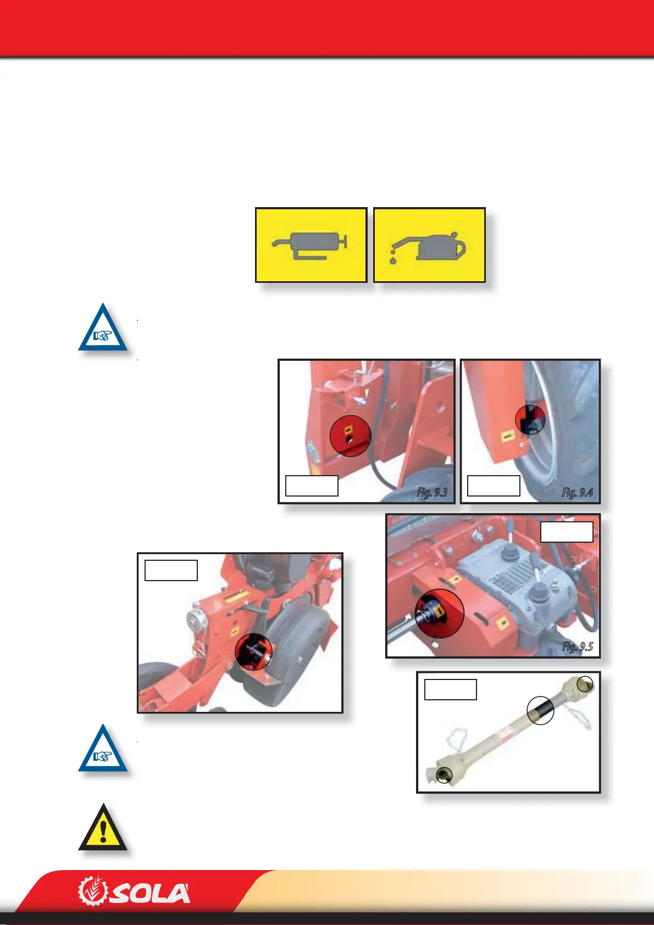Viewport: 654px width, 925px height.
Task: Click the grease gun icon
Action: (x=311, y=245)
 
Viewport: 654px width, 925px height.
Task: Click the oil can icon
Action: (x=429, y=245)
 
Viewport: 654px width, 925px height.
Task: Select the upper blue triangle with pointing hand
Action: (x=103, y=328)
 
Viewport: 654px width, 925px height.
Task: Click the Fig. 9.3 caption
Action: (x=432, y=492)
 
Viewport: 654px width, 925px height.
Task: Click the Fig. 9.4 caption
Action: (x=577, y=492)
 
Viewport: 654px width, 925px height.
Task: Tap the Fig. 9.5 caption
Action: (x=577, y=647)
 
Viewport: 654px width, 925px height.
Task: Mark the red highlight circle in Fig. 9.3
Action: (x=351, y=436)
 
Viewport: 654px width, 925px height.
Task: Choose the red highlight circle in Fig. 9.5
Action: (x=439, y=614)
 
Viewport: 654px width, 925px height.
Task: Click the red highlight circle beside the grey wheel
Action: (x=253, y=652)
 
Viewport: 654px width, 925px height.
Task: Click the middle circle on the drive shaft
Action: (x=540, y=711)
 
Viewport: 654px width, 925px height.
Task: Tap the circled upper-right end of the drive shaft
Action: (x=586, y=684)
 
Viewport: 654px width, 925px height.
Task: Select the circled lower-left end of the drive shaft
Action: (x=442, y=775)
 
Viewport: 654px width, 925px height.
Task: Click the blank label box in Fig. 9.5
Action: (x=567, y=532)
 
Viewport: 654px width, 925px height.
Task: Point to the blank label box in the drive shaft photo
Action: (x=450, y=689)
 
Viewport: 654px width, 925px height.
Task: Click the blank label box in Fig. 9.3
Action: (x=312, y=486)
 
